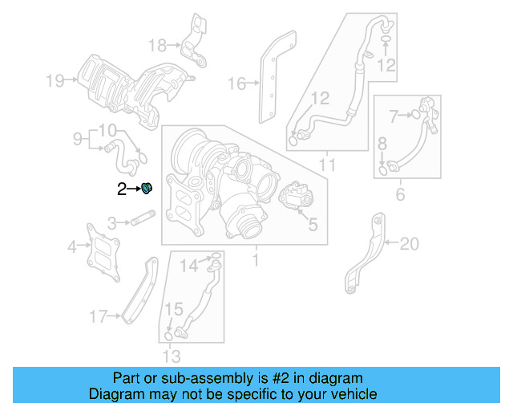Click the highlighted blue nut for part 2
point(147,189)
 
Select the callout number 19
point(55,79)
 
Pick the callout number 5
point(313,225)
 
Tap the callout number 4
point(73,246)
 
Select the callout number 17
point(98,318)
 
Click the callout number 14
point(188,265)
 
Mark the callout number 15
point(174,309)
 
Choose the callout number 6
point(400,193)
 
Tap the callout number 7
point(394,116)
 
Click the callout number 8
point(382,144)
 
